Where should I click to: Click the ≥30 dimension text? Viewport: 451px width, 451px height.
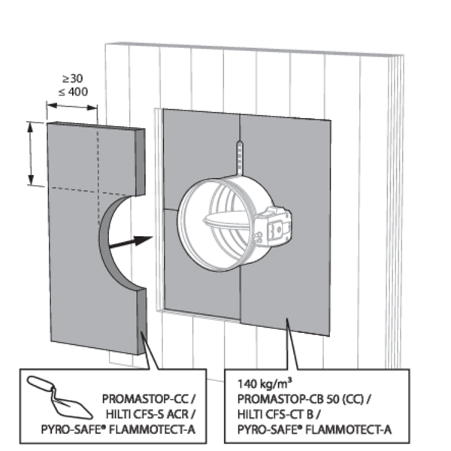(72, 79)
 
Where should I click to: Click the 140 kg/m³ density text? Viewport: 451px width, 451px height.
(259, 381)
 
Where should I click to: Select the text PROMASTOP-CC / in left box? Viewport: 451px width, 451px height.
(148, 396)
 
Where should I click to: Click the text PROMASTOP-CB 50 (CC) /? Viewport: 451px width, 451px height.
(308, 396)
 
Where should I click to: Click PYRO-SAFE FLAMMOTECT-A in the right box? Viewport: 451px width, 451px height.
(313, 429)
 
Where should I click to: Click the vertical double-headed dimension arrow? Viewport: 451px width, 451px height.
(31, 153)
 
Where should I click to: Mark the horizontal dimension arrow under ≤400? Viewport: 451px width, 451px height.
(72, 107)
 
